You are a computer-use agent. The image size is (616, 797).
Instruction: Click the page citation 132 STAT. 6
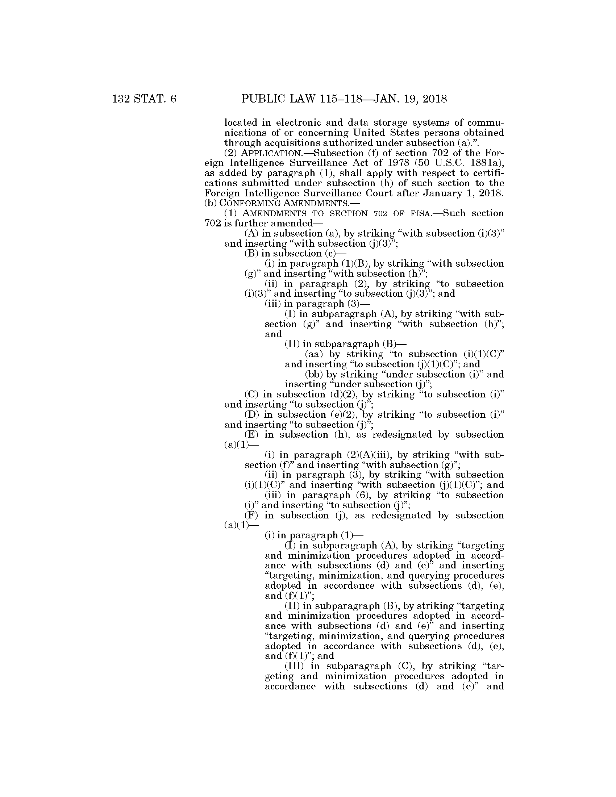click(x=145, y=99)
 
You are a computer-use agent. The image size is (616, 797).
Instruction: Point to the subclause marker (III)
click(x=294, y=666)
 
